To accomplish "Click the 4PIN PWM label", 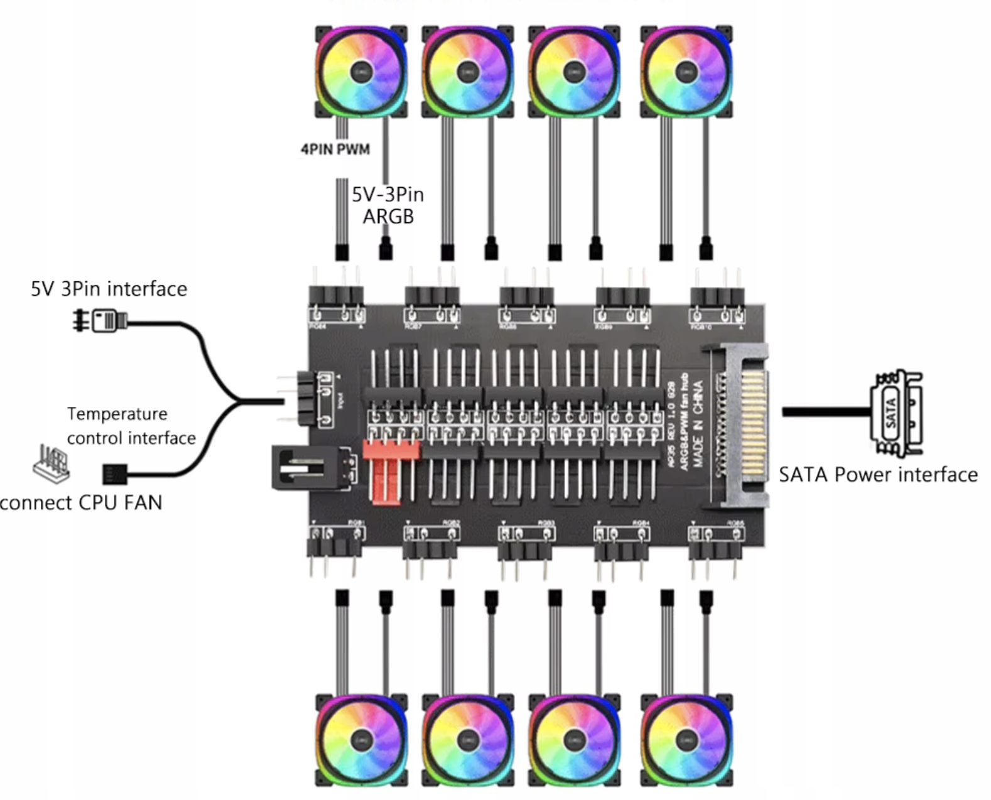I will pyautogui.click(x=335, y=149).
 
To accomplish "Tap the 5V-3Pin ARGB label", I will pyautogui.click(x=387, y=205).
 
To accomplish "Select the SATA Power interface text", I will pyautogui.click(x=878, y=474).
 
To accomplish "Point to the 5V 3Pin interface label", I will pyautogui.click(x=109, y=288).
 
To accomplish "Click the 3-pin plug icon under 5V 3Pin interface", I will pyautogui.click(x=100, y=320).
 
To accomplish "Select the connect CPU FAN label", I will pyautogui.click(x=81, y=502).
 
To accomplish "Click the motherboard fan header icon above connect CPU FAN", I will pyautogui.click(x=51, y=463).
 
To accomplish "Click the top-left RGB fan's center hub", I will pyautogui.click(x=361, y=71).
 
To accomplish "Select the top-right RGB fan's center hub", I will pyautogui.click(x=686, y=71).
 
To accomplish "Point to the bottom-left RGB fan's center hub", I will pyautogui.click(x=361, y=740).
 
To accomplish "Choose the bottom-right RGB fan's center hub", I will pyautogui.click(x=686, y=740).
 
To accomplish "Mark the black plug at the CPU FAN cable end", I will pyautogui.click(x=115, y=473).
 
